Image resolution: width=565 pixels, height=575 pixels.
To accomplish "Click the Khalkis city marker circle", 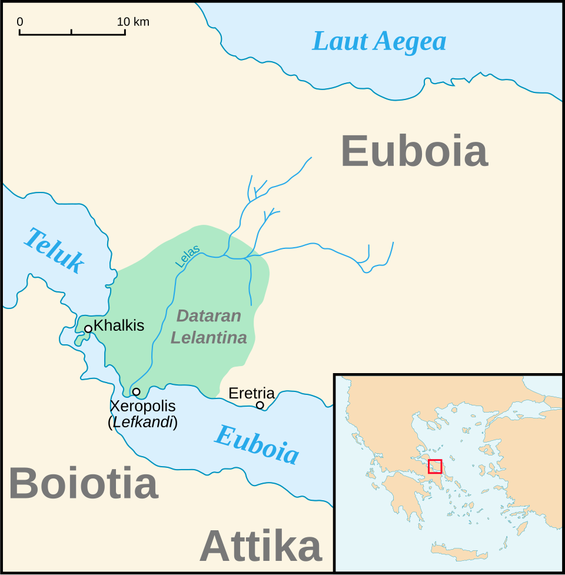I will [x=88, y=329].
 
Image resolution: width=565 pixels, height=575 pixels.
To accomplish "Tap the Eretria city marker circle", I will [x=260, y=405].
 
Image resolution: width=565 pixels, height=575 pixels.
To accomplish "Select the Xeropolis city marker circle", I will [x=136, y=392].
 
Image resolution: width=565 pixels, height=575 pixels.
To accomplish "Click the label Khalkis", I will [x=119, y=325].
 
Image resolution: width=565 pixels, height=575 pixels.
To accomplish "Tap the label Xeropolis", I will [x=142, y=406].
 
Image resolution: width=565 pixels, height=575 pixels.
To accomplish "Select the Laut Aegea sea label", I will [x=379, y=42].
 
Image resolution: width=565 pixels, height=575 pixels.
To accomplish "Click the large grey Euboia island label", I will [x=414, y=152].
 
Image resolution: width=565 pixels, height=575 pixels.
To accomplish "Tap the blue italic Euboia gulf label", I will [x=257, y=444].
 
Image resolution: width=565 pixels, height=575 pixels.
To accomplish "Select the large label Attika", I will [x=261, y=546].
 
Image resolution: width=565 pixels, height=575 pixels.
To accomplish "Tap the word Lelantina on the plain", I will [x=208, y=338].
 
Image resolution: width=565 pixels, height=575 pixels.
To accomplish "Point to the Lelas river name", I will [x=188, y=257].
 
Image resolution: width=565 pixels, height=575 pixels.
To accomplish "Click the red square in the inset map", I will [x=435, y=466].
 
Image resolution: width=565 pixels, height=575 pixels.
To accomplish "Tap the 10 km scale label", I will [x=133, y=22].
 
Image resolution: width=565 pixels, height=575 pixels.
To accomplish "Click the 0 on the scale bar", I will [x=20, y=22].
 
